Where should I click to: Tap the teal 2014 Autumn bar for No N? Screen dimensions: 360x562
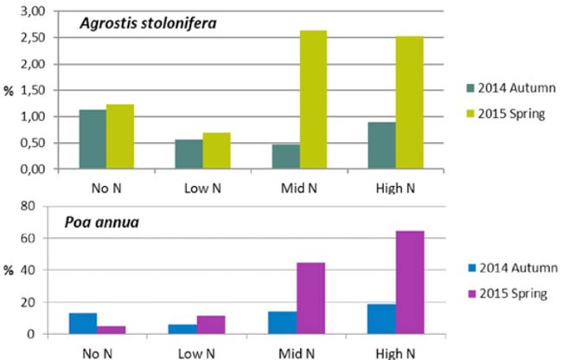click(x=93, y=139)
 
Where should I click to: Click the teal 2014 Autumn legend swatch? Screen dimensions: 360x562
click(x=469, y=84)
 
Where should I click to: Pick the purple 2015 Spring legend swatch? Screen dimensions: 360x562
click(x=469, y=293)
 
